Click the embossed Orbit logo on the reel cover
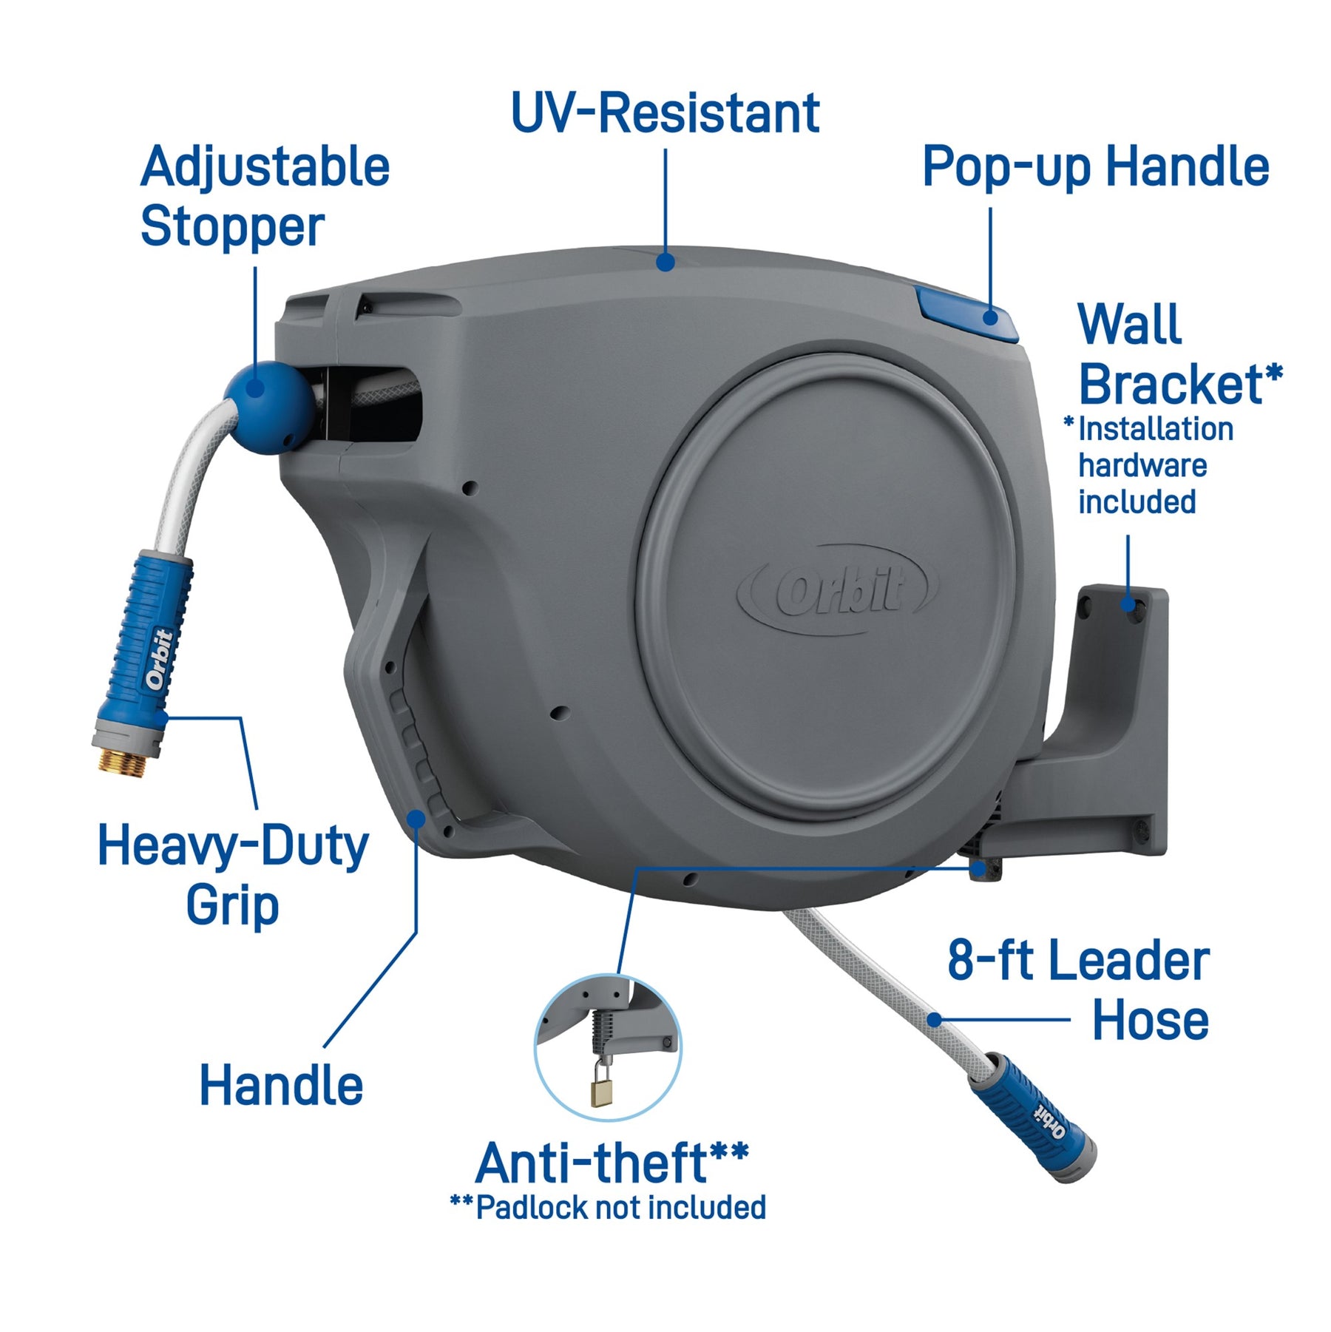[840, 589]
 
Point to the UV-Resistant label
[665, 114]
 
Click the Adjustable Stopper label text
[264, 196]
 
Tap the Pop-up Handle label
[1095, 167]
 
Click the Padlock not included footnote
[608, 1208]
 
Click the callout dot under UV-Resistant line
[665, 262]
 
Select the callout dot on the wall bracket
[1128, 604]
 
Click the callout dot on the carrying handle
[416, 818]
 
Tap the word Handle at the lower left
[281, 1086]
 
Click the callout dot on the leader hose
[934, 1020]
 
